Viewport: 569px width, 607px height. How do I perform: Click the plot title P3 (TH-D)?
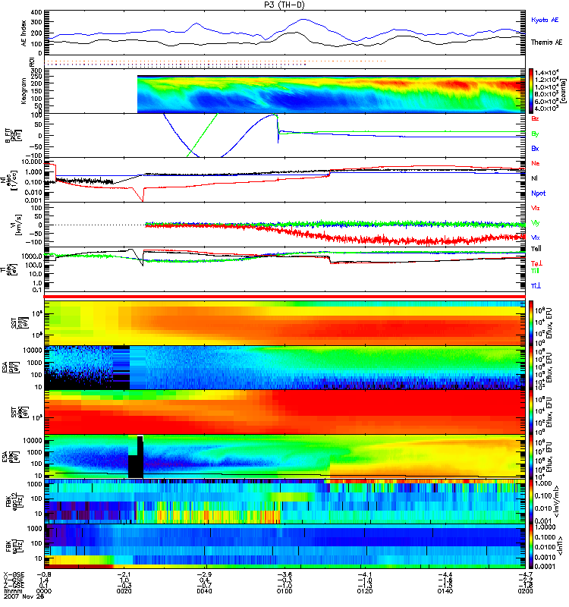coord(284,5)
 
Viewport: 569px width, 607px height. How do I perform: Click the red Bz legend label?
coord(536,118)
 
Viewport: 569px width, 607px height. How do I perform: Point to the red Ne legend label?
coord(536,163)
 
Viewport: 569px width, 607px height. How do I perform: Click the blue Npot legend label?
coord(539,193)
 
